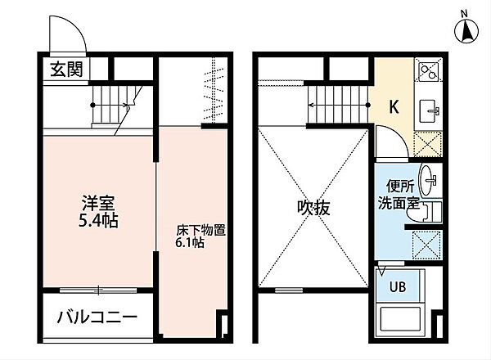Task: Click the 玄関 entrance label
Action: (x=67, y=70)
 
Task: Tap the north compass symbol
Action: (x=466, y=30)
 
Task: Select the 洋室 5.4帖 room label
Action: (x=98, y=211)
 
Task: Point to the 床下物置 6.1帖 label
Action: (x=200, y=236)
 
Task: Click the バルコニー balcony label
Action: (x=97, y=317)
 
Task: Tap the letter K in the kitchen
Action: (x=394, y=106)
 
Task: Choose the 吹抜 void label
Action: (x=313, y=208)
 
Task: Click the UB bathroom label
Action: (x=398, y=286)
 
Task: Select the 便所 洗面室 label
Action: (x=399, y=195)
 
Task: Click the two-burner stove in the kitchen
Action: (x=428, y=71)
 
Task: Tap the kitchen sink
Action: (x=428, y=111)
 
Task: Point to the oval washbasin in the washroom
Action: (x=427, y=181)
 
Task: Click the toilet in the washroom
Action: (x=424, y=212)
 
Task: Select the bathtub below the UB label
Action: (x=400, y=318)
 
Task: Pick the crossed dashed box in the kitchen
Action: (x=427, y=144)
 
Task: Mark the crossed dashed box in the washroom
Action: (x=426, y=245)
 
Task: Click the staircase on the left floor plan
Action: (x=115, y=106)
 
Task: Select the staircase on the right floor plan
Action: (x=338, y=105)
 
